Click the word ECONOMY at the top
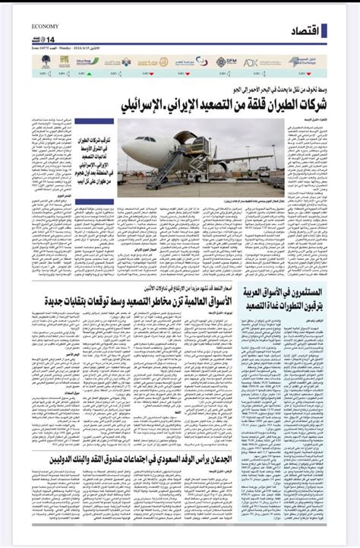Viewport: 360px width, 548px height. [46, 26]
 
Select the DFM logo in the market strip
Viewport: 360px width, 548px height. [226, 62]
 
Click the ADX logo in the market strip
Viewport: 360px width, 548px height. [251, 62]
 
